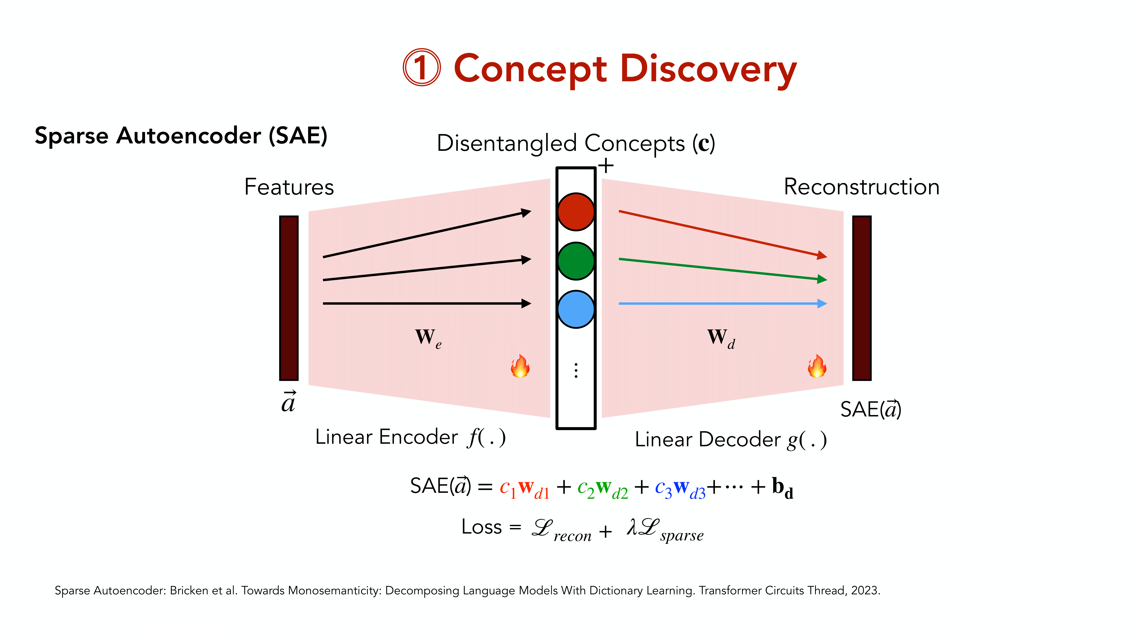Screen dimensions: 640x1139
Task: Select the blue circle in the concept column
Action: coord(576,309)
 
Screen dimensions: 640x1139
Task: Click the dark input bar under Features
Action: coord(289,298)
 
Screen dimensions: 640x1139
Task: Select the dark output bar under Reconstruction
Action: coord(861,298)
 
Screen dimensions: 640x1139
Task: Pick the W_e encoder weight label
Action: coord(427,338)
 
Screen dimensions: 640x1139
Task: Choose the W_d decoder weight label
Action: coord(721,338)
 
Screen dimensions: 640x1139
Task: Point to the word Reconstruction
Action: coord(861,187)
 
